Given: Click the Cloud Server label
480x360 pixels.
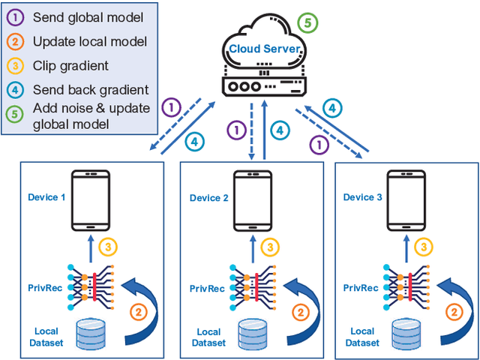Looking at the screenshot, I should click(265, 49).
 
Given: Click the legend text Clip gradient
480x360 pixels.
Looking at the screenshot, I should click(70, 65).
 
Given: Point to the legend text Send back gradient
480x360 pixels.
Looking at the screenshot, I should click(90, 90).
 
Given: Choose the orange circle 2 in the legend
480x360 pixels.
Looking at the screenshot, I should click(17, 41).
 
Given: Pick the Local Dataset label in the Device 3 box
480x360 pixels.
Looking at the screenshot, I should click(362, 336).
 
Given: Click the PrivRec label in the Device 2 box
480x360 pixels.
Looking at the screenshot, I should click(206, 287).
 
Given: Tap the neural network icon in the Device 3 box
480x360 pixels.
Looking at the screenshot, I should click(403, 286).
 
